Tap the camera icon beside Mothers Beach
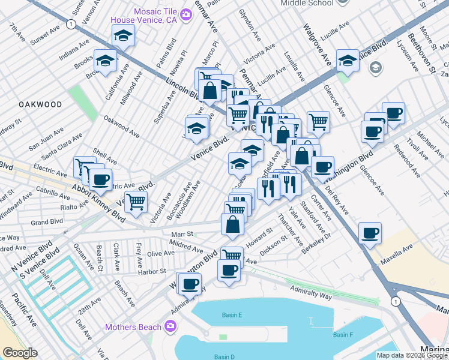coord(170,326)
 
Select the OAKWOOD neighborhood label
coord(40,104)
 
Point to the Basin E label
coord(231,315)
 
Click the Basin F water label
coord(342,334)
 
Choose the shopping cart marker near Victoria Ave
coord(136,203)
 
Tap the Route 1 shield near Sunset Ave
coord(71,24)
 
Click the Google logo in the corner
coord(20,353)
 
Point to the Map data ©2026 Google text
coord(411,355)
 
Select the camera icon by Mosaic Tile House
coord(185,13)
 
